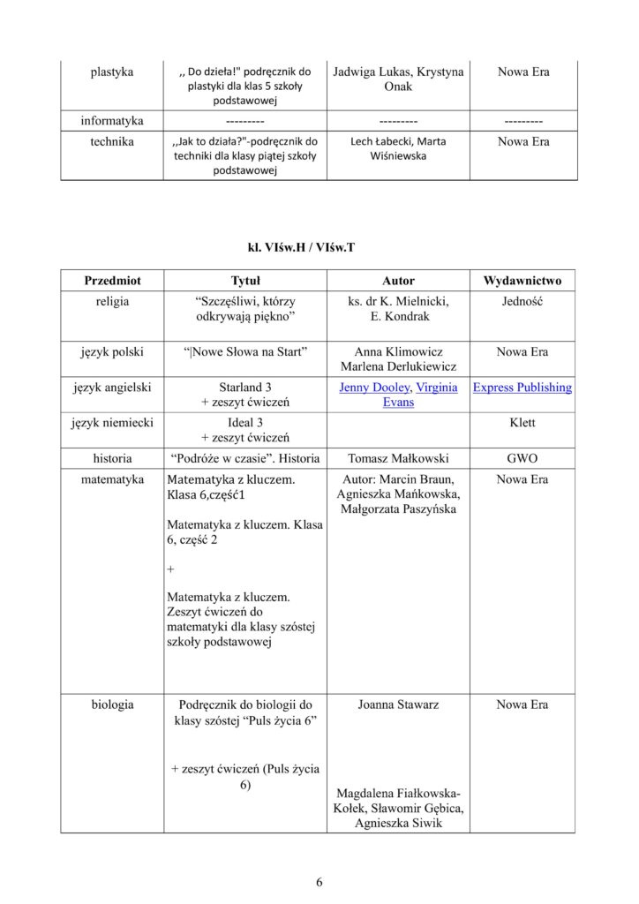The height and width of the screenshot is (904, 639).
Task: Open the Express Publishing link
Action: [x=522, y=388]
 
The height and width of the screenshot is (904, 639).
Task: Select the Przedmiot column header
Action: [x=112, y=281]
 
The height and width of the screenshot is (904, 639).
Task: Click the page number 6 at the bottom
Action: [x=319, y=882]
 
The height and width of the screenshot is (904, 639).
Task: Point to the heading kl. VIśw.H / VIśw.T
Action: [x=319, y=247]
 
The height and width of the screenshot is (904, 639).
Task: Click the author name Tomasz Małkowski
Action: [x=398, y=458]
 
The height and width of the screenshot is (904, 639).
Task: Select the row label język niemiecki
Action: [x=112, y=423]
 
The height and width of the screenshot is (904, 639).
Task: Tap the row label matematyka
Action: [x=112, y=479]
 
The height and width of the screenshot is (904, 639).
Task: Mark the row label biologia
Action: [x=112, y=704]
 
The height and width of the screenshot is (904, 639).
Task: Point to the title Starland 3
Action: [x=244, y=388]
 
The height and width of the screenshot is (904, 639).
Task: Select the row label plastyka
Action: [x=112, y=72]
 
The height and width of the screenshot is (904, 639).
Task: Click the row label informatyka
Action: [x=112, y=120]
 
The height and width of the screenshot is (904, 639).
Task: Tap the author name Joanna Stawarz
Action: [x=398, y=704]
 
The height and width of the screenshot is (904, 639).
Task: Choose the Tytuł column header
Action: [x=244, y=281]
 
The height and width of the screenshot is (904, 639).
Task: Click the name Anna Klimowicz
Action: [x=398, y=352]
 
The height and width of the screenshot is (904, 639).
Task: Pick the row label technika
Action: [x=112, y=141]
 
